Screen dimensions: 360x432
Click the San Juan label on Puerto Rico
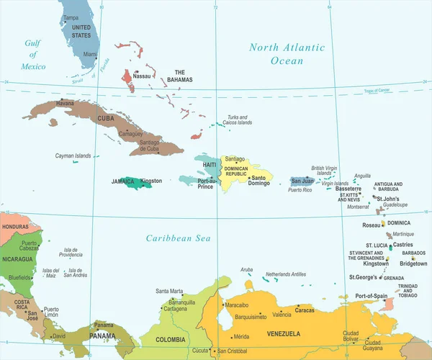302,181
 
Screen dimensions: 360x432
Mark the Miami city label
90,54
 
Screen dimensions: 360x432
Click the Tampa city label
71,17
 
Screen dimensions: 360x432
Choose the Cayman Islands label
73,156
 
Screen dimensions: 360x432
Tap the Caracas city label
305,310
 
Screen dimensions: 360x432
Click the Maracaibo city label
237,305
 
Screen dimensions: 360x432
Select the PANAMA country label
103,336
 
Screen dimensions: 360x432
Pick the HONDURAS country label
15,227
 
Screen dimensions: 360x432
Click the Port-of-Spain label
372,296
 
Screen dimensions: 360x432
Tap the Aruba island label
247,269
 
